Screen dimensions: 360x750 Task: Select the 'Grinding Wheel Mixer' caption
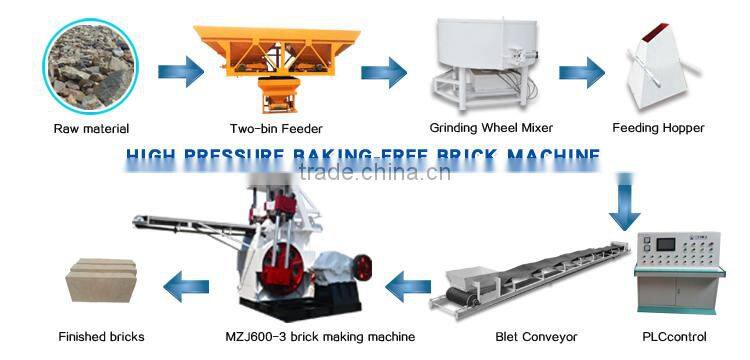491,128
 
